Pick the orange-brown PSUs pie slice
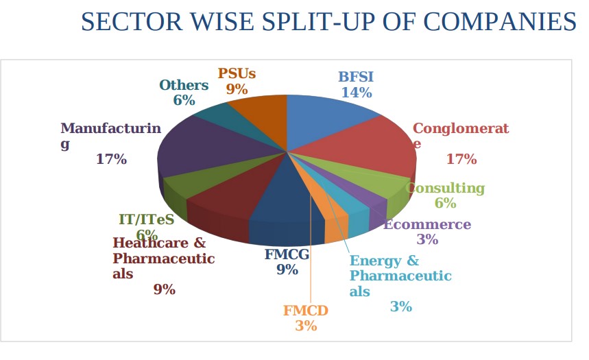pos(261,110)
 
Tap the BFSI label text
pos(356,77)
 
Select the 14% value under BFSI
pos(356,92)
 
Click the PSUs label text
pos(237,73)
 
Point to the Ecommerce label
pos(427,225)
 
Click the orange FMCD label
pos(306,311)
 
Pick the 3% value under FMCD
pos(306,326)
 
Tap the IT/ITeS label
pos(147,219)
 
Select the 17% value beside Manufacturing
pos(112,159)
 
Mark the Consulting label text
pos(446,188)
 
